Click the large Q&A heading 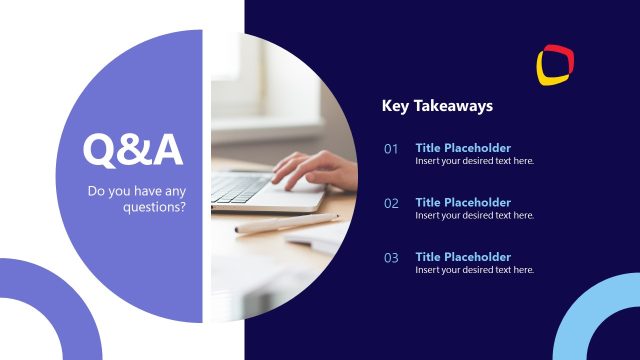tap(133, 150)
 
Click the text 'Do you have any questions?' tap(137, 199)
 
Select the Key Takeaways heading tap(437, 105)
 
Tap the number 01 tap(391, 149)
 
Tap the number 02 tap(391, 203)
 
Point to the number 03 tap(391, 257)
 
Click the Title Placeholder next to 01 tap(463, 148)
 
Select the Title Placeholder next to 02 tap(463, 202)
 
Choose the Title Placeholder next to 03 tap(463, 257)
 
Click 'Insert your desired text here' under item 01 tap(475, 161)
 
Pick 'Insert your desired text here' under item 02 tap(475, 215)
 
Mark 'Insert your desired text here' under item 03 tap(475, 270)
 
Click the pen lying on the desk tap(285, 223)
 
